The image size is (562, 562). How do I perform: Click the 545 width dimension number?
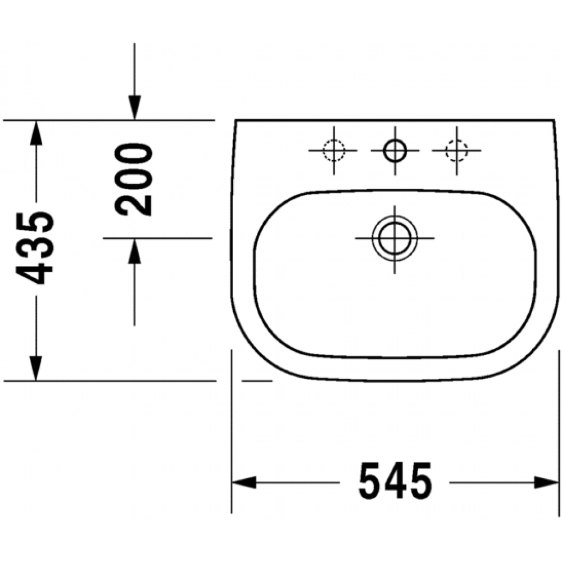tap(395, 481)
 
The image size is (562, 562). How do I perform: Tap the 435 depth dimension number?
tap(35, 248)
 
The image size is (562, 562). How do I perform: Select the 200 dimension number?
tap(133, 180)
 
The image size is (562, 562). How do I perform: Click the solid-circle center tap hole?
tap(395, 151)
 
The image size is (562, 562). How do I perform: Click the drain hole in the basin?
tap(395, 238)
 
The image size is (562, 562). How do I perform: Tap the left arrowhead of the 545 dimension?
tap(244, 482)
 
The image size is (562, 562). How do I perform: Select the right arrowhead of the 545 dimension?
tap(547, 482)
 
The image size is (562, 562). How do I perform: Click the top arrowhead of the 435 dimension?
tap(35, 133)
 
